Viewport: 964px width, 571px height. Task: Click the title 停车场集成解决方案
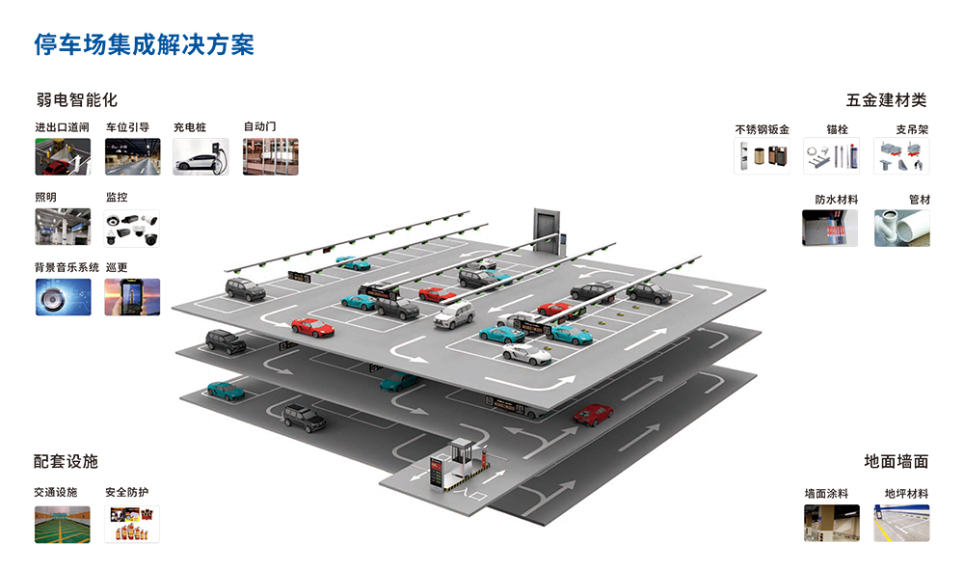click(144, 44)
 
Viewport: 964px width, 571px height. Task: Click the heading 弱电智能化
click(76, 99)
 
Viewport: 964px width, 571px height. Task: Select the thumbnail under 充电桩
click(201, 156)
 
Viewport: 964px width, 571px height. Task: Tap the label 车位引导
click(127, 127)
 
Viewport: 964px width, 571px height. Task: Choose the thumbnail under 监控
click(132, 229)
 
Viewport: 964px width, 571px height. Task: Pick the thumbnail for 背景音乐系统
click(63, 297)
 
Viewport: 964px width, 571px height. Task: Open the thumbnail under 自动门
click(271, 156)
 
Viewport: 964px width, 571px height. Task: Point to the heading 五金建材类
click(886, 99)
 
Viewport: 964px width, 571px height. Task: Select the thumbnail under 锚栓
click(832, 156)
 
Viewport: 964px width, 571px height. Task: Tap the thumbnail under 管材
click(902, 229)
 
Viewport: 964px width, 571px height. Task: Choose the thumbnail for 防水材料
click(830, 229)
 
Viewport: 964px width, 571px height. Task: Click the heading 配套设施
click(67, 462)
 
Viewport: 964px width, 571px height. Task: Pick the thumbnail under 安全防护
click(132, 524)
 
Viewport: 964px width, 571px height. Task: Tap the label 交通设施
click(55, 492)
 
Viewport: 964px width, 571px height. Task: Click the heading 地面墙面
click(897, 462)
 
